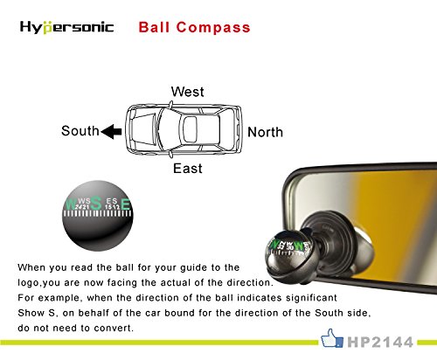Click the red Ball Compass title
194,27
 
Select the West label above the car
188,92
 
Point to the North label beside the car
266,133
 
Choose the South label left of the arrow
80,132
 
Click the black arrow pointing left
113,132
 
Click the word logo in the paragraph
30,283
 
